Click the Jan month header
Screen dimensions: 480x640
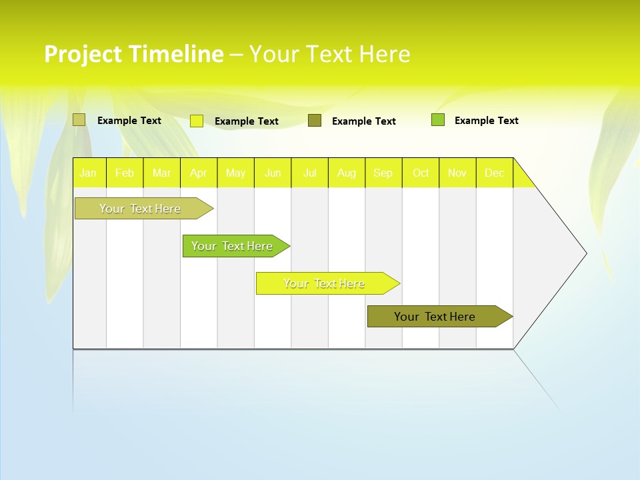point(88,173)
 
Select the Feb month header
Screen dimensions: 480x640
point(125,173)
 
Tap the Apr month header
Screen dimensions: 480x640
point(198,173)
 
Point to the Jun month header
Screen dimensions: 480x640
point(273,173)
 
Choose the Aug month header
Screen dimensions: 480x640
point(346,173)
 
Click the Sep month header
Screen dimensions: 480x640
point(383,173)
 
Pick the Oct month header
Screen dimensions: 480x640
point(421,173)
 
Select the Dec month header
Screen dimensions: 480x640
point(494,173)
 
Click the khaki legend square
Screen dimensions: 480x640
point(79,120)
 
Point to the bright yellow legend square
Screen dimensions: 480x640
point(197,121)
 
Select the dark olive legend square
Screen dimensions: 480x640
point(315,121)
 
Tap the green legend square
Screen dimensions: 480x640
point(438,120)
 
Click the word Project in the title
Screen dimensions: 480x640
point(82,54)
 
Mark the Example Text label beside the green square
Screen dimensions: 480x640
point(486,121)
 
